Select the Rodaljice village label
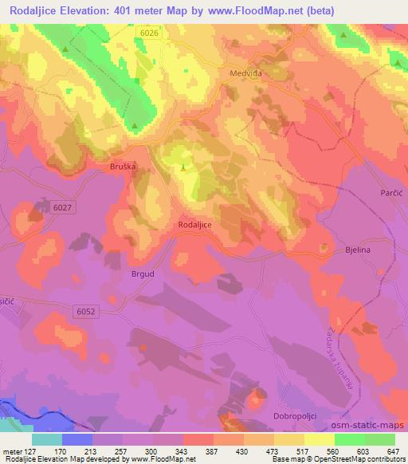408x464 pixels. (194, 226)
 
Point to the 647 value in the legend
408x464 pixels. (394, 451)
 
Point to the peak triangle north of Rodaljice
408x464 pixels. (184, 167)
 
